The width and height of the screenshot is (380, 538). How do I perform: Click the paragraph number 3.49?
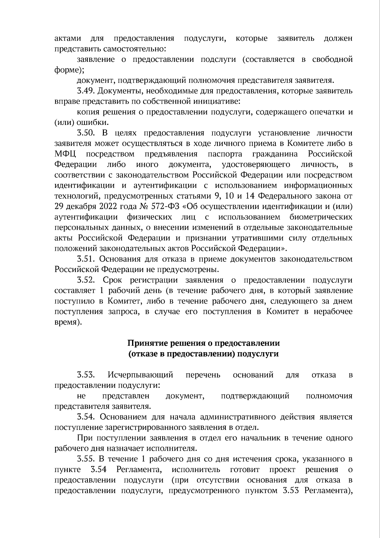85,91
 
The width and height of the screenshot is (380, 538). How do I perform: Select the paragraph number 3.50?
85,133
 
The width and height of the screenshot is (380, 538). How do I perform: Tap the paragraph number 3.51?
85,259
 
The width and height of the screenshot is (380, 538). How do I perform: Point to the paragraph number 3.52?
85,280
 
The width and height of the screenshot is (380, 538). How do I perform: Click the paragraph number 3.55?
85,459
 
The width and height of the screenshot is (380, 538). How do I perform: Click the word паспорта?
225,154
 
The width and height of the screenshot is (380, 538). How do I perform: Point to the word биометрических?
321,217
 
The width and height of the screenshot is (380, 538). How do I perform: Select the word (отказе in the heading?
143,354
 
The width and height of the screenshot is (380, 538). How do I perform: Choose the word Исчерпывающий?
140,375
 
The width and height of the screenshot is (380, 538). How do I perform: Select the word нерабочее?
333,312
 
